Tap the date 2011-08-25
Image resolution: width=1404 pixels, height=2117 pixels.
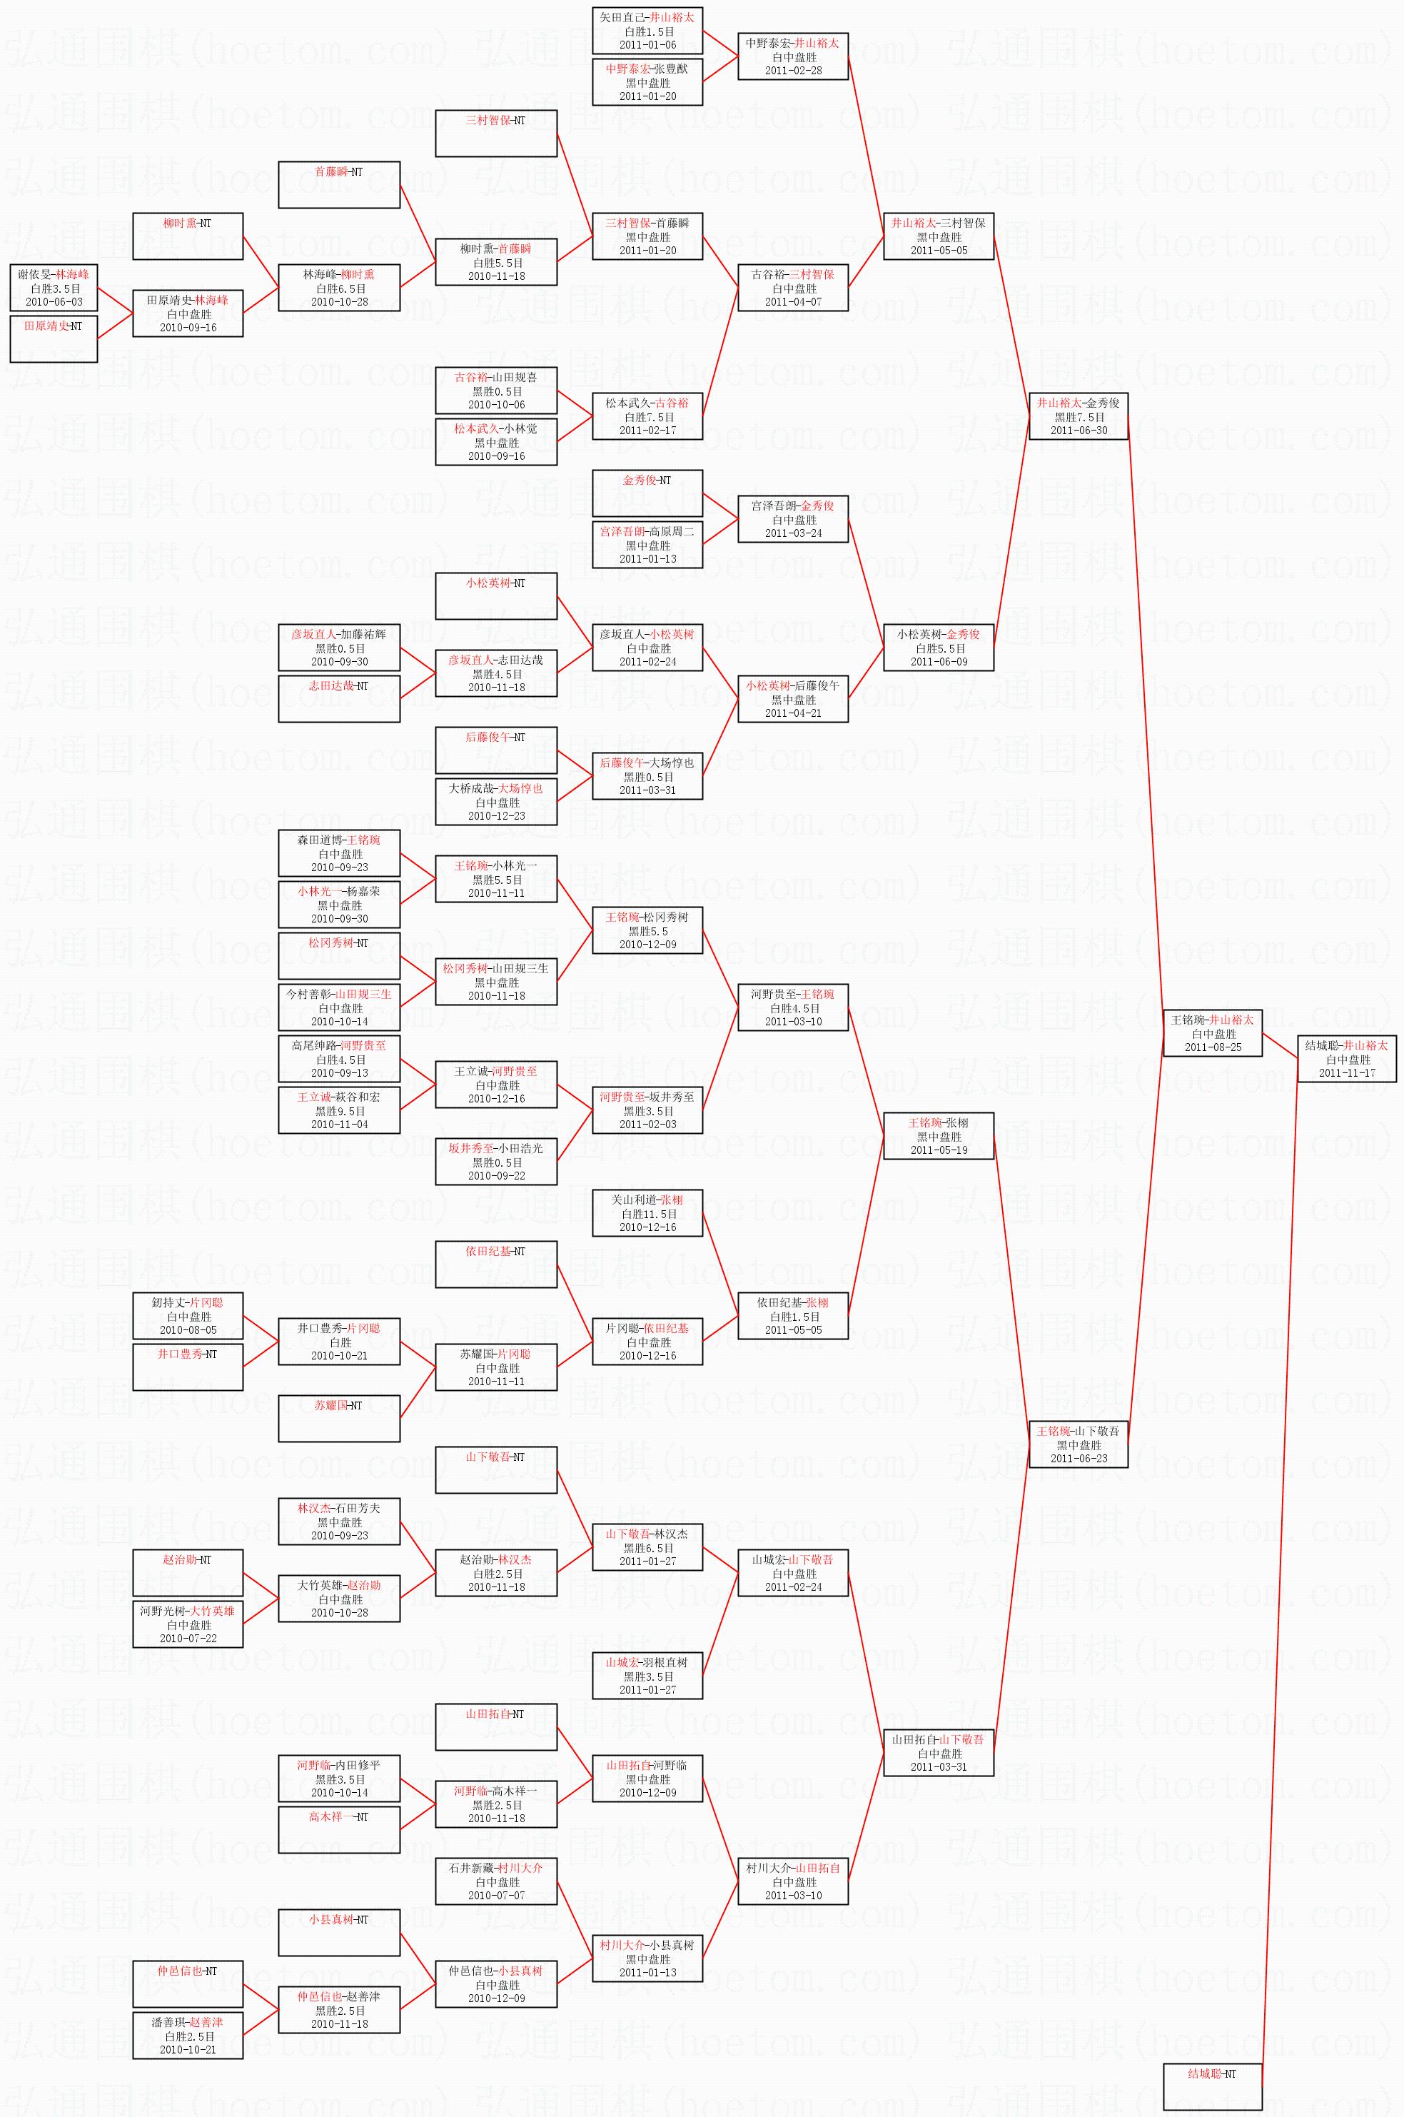[1213, 1047]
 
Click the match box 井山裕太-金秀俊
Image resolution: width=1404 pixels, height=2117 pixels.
[1078, 416]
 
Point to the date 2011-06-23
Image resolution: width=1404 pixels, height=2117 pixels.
[1078, 1458]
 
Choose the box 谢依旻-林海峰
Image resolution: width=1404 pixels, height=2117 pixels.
[53, 288]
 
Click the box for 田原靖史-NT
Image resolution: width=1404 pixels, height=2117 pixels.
[53, 338]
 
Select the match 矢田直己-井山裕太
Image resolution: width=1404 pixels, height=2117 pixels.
[647, 31]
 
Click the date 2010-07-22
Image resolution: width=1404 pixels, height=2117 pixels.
[188, 1638]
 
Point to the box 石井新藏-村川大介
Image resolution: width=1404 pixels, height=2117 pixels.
[496, 1881]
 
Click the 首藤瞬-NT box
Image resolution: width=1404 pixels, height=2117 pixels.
[338, 184]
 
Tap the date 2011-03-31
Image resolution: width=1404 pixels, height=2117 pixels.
[939, 1767]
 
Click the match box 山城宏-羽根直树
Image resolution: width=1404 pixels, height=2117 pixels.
[647, 1676]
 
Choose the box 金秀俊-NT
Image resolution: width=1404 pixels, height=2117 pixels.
[647, 493]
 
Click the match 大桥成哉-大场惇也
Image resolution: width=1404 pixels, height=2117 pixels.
[496, 802]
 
